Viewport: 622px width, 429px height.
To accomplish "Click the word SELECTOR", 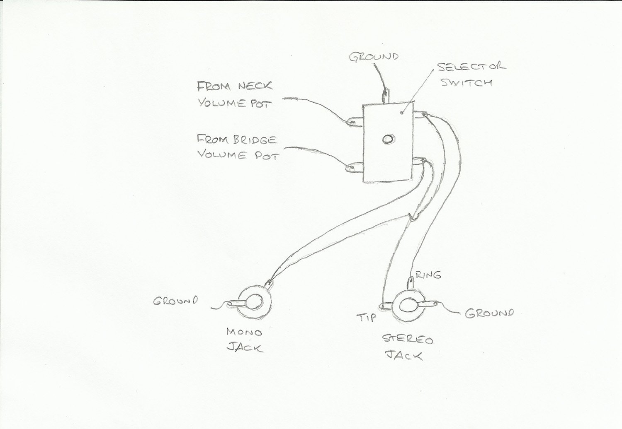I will pos(471,67).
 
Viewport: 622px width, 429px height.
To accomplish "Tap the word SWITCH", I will pos(466,82).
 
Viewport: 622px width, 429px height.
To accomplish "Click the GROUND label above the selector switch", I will pos(374,56).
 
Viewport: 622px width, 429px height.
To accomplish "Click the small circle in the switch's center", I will pos(388,140).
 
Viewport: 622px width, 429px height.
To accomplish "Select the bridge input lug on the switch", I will pos(354,168).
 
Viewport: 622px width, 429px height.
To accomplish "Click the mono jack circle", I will pos(254,301).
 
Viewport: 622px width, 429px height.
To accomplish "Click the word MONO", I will pos(244,332).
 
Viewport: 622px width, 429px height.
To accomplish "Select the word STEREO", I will pos(408,340).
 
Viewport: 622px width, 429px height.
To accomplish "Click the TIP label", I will pos(366,318).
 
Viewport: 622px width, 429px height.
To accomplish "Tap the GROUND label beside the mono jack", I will pos(175,301).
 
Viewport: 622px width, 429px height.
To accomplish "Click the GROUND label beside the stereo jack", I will pos(489,313).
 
